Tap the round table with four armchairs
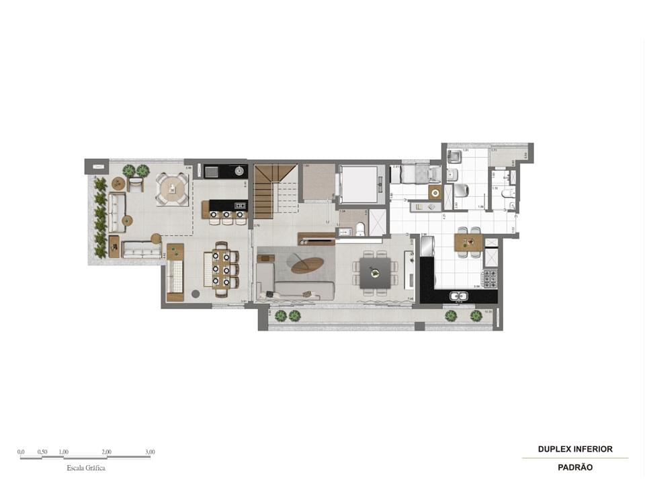(x=173, y=189)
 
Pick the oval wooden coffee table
(x=306, y=266)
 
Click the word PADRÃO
(x=575, y=467)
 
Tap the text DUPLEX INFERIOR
(x=575, y=449)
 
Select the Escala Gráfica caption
(x=86, y=468)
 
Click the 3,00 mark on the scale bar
(x=149, y=452)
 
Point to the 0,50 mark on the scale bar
(x=42, y=452)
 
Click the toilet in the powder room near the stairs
(x=359, y=229)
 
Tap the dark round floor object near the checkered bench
(x=196, y=294)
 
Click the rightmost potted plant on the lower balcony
(x=476, y=315)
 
